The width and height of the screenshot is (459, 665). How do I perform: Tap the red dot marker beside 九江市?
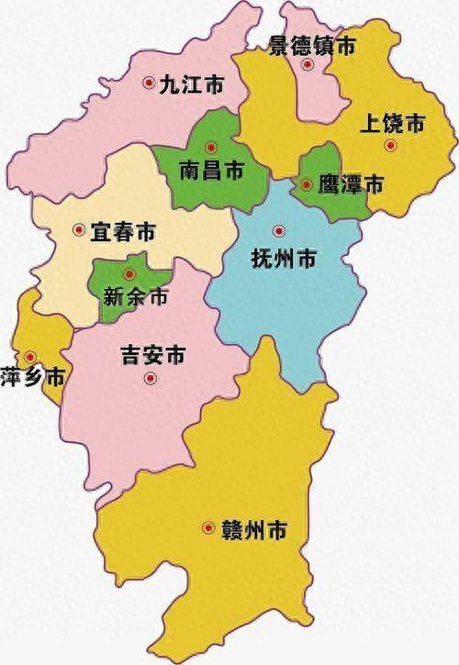point(150,83)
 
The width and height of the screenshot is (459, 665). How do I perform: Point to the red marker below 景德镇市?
point(308,64)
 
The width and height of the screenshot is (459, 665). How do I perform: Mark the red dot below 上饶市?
point(390,145)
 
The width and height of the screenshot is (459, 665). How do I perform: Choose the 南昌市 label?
point(212,170)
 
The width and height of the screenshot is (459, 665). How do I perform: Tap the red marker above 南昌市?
point(211,146)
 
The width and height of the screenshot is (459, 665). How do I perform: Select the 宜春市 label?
point(124,232)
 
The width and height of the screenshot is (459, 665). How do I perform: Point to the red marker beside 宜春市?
point(79,231)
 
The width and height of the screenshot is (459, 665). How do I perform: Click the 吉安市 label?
point(154,353)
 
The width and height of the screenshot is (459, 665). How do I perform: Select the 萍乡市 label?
point(32,377)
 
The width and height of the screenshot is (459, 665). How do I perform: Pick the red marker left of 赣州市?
point(208,527)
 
